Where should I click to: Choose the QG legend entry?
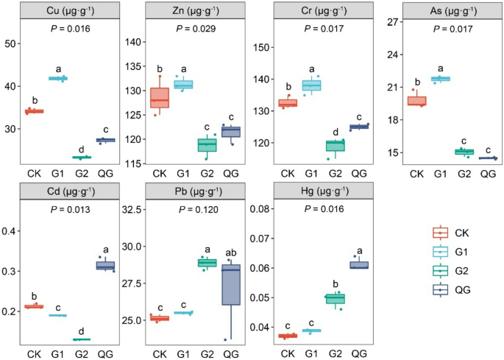click(x=463, y=290)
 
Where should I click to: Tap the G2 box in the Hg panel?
click(x=335, y=298)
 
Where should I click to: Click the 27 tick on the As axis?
click(x=391, y=23)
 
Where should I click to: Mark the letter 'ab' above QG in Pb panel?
click(x=230, y=250)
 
